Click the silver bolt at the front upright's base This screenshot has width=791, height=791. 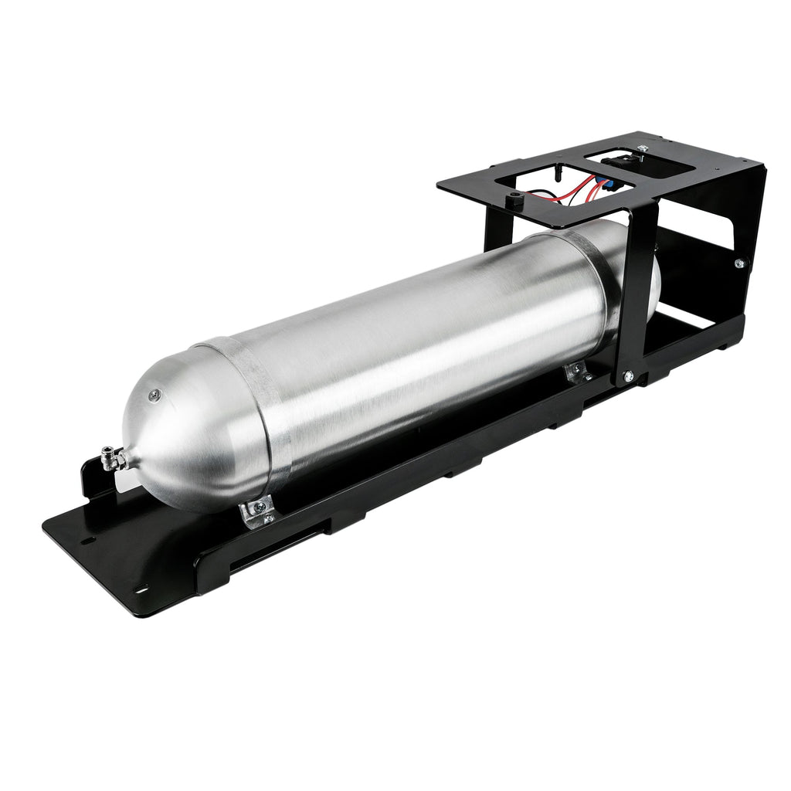coord(626,376)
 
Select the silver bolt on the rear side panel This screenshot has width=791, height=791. coord(738,263)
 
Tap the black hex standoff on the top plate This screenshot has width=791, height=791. coord(511,201)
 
